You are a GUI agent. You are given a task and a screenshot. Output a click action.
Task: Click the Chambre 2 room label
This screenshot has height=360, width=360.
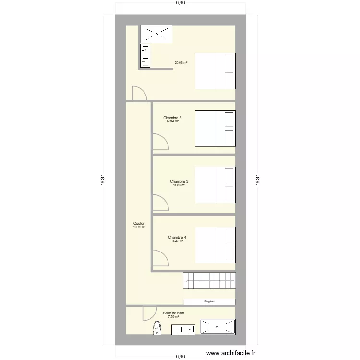(172, 118)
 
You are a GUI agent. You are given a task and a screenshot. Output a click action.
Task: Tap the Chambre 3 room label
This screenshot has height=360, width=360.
(179, 181)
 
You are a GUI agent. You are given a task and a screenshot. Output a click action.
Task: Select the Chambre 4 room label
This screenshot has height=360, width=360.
(177, 237)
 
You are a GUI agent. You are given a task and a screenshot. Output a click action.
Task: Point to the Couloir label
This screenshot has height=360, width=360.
(139, 223)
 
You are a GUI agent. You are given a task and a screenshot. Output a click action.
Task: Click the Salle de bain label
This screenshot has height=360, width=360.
(173, 312)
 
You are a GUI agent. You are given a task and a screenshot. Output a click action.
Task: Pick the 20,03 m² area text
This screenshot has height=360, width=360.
(180, 63)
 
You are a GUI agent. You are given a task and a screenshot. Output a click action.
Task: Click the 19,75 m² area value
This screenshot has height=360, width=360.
(139, 227)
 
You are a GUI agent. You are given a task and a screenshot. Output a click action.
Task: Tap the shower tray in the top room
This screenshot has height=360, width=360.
(156, 34)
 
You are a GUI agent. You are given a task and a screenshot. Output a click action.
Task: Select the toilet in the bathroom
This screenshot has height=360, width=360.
(156, 328)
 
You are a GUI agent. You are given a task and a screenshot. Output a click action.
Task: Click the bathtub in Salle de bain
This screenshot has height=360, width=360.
(217, 326)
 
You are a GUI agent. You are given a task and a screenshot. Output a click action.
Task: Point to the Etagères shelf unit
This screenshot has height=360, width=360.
(209, 301)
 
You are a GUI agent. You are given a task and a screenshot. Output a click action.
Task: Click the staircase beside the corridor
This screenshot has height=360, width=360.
(209, 280)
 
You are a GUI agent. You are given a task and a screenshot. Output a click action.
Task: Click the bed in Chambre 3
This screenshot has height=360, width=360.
(216, 185)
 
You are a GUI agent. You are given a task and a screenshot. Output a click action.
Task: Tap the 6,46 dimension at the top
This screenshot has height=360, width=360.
(180, 3)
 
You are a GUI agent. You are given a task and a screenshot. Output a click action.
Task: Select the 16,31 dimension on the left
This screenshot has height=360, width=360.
(103, 180)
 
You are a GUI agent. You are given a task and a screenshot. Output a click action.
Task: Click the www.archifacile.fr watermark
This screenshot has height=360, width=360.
(231, 354)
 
